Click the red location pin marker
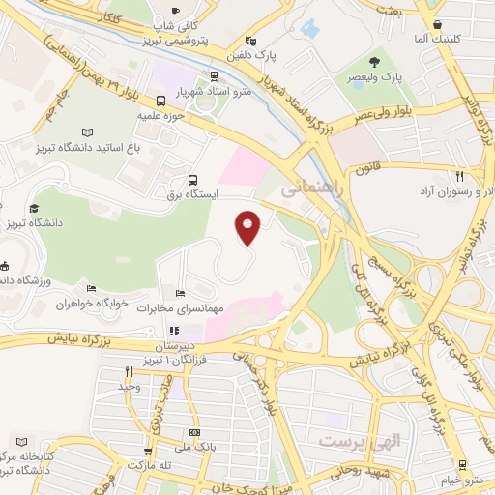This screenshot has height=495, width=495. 248,226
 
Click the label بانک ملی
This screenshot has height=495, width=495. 194,447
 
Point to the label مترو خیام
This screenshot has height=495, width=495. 460,480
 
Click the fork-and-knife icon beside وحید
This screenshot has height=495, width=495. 129,371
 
